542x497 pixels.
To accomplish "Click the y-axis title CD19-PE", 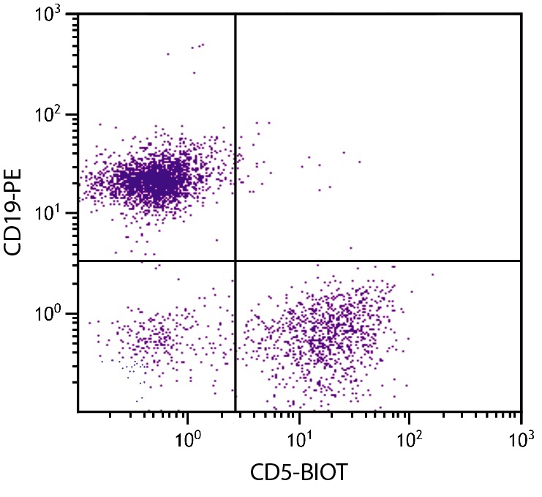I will click(16, 212).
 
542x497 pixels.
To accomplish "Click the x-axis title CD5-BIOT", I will click(299, 473).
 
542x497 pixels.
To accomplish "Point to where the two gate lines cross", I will click(236, 261).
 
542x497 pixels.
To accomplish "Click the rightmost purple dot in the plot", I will click(432, 274).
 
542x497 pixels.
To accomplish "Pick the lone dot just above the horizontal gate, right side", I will click(350, 248).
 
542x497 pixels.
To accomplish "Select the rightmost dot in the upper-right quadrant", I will click(359, 162).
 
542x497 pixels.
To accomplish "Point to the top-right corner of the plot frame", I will click(521, 14).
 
